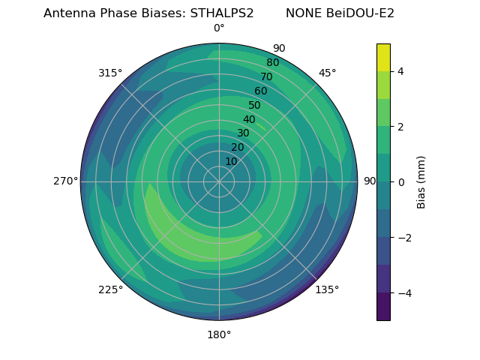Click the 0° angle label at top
219,28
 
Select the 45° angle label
327,73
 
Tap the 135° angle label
327,289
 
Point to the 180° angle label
219,334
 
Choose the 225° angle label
110,289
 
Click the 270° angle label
65,181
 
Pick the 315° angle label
110,73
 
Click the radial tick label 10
231,161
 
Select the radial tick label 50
255,105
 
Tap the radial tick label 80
273,63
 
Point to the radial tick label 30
243,133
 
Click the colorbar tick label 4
400,71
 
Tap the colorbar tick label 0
400,182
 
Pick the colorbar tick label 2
400,127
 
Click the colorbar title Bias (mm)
421,182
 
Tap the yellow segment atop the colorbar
383,58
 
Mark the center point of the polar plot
219,181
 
